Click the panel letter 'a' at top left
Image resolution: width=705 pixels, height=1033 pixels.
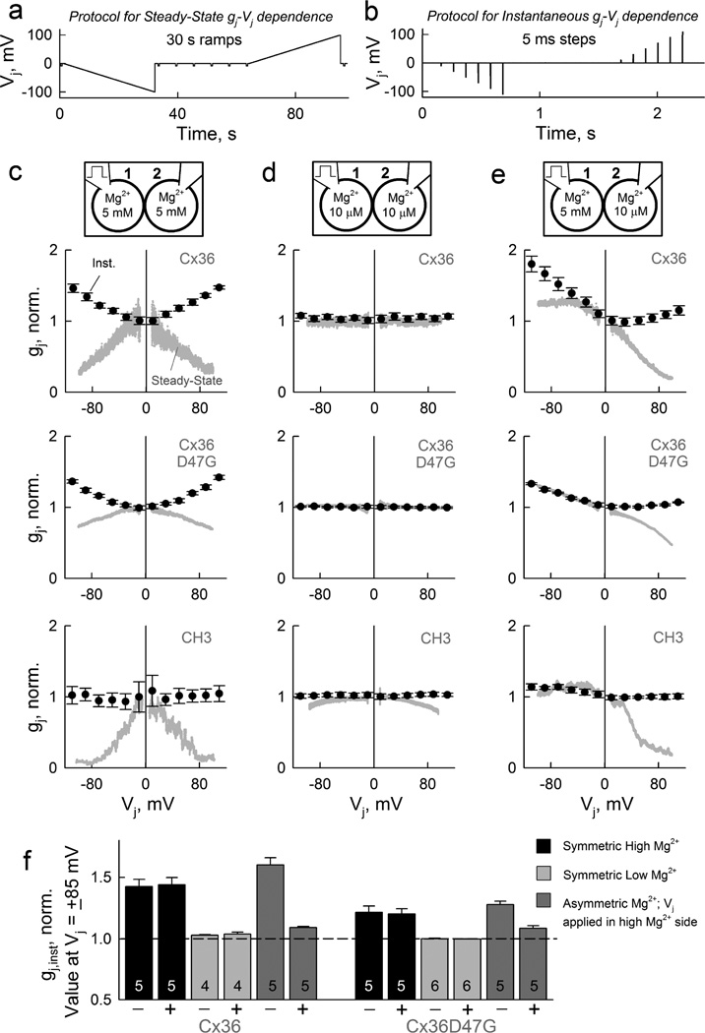pos(11,13)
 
